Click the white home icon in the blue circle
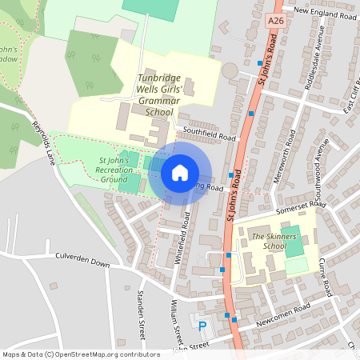click(180, 172)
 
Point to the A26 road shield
click(276, 19)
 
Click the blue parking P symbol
click(202, 326)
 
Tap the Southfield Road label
click(210, 133)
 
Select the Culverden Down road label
click(82, 262)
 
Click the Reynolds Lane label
click(43, 140)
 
